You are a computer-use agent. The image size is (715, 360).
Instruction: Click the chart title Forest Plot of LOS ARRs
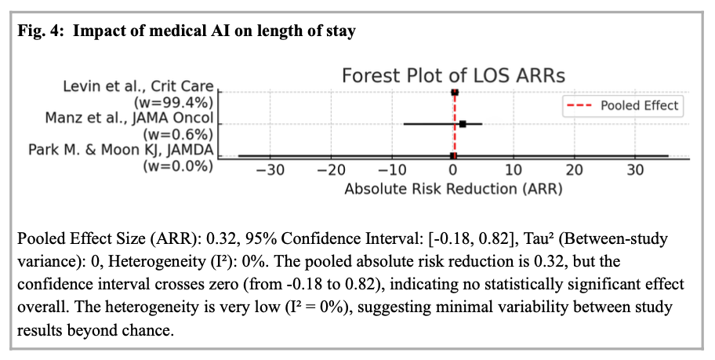tap(453, 75)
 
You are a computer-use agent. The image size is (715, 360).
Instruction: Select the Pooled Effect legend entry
tap(640, 105)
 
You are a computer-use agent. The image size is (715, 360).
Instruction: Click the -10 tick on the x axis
tap(391, 170)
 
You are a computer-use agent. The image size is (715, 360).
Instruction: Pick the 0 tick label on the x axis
tap(453, 170)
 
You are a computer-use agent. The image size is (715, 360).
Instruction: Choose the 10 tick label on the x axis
tap(514, 170)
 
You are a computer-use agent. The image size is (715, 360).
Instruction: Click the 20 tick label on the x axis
tap(575, 170)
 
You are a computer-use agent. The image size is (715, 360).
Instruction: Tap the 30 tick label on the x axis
tap(636, 170)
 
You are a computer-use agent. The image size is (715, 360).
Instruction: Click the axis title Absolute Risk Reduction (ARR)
tap(453, 189)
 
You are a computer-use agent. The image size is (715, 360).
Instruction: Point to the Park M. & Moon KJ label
tap(122, 149)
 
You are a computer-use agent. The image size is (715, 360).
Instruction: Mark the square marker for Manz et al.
tap(463, 124)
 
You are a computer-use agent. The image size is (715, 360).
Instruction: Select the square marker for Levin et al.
tap(455, 92)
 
